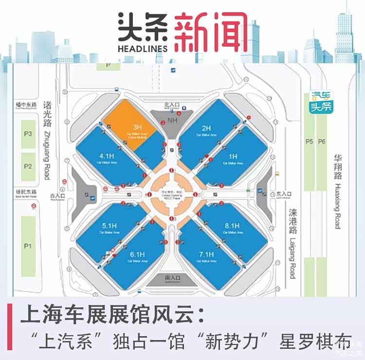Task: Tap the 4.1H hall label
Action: click(x=107, y=156)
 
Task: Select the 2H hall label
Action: click(x=206, y=128)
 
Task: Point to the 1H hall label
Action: click(x=233, y=156)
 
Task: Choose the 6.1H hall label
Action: click(x=137, y=254)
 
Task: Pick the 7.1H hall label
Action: click(x=206, y=254)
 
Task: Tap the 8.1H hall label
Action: click(x=233, y=225)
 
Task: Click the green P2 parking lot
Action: click(x=28, y=166)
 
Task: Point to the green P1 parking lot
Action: click(x=28, y=246)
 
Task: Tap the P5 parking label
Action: click(x=310, y=142)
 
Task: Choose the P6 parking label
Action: click(x=322, y=142)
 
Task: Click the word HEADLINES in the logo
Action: click(x=143, y=48)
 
